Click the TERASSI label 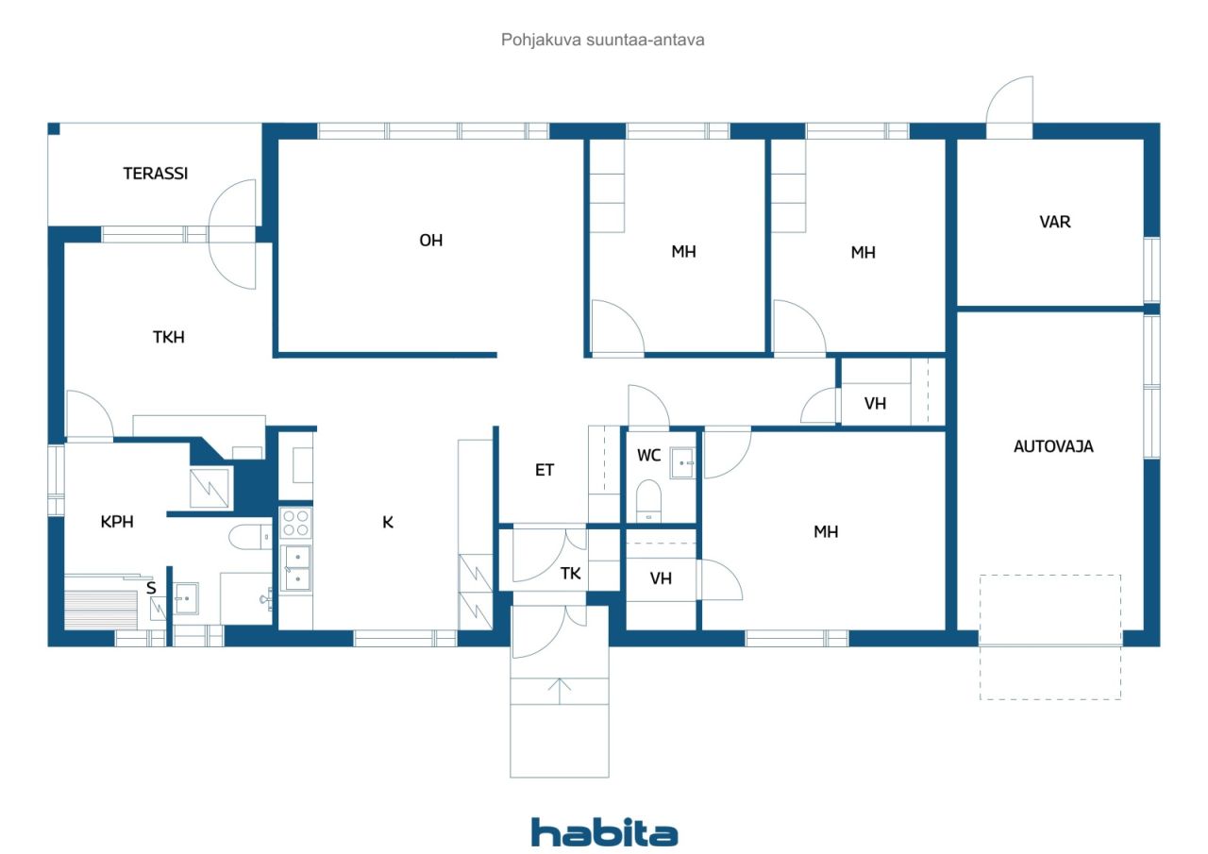(156, 173)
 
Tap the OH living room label (431, 240)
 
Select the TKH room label (168, 337)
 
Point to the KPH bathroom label (117, 521)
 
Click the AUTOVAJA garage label (1053, 446)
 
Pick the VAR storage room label (1055, 222)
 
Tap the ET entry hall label (545, 470)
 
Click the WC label (648, 455)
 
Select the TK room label (570, 573)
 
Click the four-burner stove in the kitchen (295, 523)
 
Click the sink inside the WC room (682, 463)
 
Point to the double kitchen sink (296, 568)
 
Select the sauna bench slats (101, 610)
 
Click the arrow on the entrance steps (560, 691)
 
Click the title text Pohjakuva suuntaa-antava (602, 40)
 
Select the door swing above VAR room (1010, 100)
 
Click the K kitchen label (388, 522)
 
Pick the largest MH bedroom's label (826, 532)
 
